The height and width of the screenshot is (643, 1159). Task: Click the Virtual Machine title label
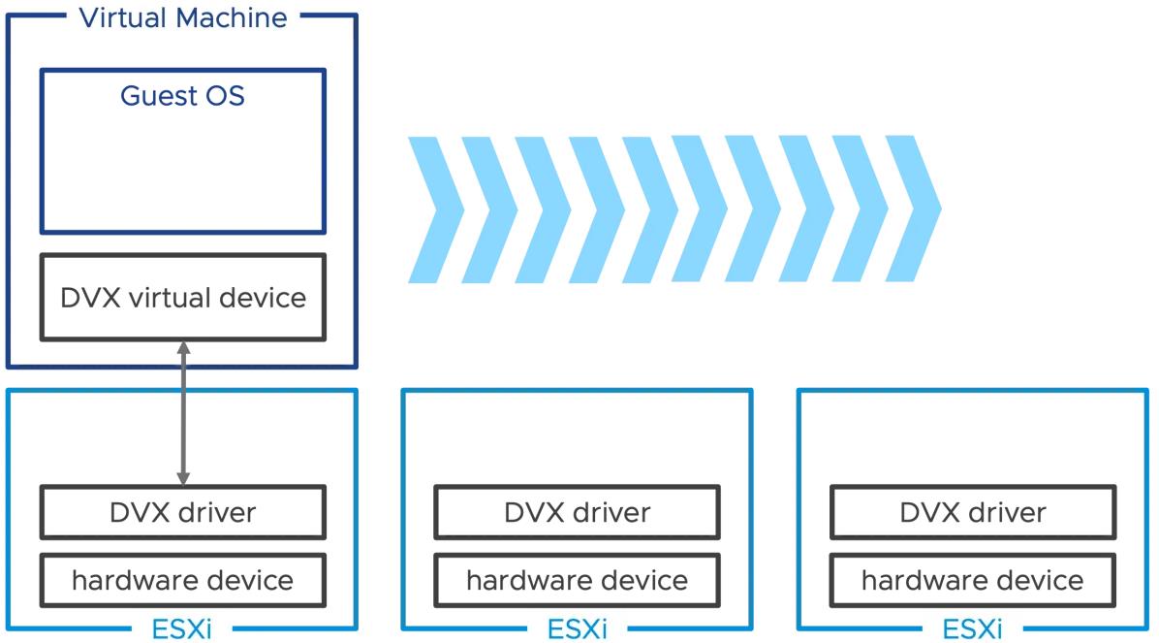coord(183,17)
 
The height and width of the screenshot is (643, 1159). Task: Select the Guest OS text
coord(182,95)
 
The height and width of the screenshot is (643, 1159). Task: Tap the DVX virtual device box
coord(182,298)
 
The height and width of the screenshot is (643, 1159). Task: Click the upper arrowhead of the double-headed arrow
coord(183,348)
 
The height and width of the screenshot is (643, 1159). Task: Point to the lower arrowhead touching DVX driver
coord(183,478)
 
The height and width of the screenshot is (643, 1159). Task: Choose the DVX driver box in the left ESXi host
coord(182,512)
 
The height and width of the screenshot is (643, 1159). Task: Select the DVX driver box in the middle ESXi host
coord(578,512)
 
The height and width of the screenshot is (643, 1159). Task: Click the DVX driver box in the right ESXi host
coord(973,512)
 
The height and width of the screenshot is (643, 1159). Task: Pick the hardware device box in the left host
coord(182,580)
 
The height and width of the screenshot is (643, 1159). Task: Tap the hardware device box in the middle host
coord(578,580)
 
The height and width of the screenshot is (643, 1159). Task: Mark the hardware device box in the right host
coord(973,580)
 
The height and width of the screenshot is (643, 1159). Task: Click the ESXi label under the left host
coord(182,629)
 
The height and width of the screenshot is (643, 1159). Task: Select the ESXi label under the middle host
coord(578,629)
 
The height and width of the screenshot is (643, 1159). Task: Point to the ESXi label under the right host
coord(973,629)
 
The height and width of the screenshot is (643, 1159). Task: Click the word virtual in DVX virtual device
coord(170,298)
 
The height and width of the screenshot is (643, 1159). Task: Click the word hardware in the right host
coord(915,580)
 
